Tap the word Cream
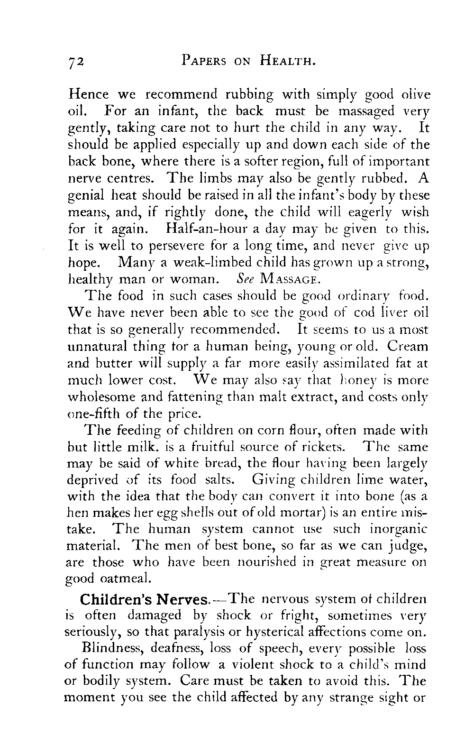pos(408,346)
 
